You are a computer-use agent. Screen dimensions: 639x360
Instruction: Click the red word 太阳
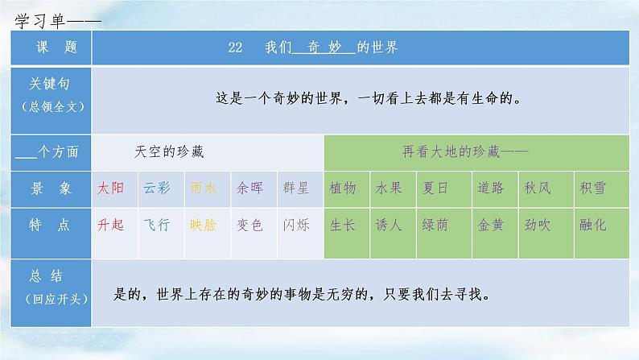[110, 188]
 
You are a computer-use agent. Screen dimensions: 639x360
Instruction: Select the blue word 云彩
[157, 188]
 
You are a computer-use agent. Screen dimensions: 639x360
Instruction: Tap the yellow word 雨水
[203, 188]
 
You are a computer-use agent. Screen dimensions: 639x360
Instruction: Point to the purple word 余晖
[249, 188]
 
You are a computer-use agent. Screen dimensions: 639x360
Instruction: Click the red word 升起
[110, 225]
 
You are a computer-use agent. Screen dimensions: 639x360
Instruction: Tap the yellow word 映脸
[203, 225]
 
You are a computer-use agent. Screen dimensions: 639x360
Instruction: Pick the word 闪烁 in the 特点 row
[296, 225]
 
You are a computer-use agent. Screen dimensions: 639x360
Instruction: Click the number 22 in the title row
[235, 48]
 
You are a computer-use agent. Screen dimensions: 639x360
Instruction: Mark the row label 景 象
[51, 188]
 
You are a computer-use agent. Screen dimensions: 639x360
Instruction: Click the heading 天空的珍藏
[169, 152]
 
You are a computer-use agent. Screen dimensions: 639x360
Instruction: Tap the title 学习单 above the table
[40, 21]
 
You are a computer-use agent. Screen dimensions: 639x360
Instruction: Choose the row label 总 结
[46, 276]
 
